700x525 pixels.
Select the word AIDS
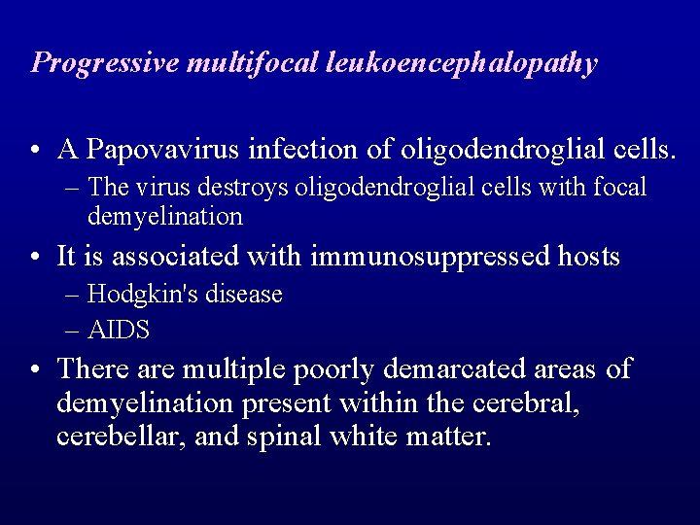pos(119,331)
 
